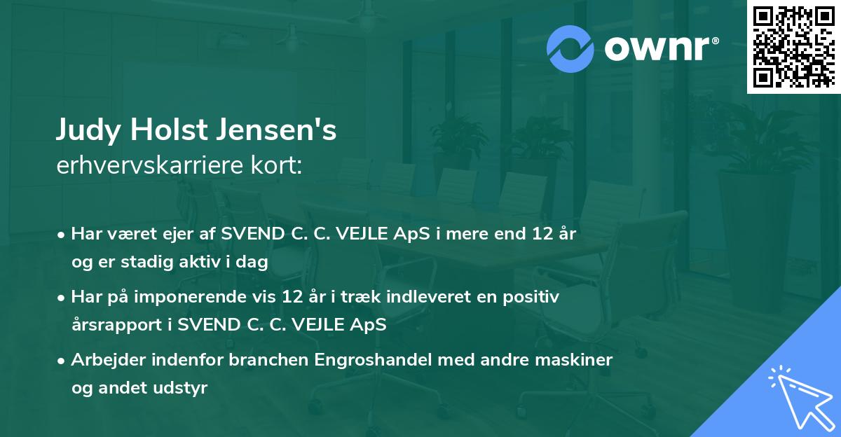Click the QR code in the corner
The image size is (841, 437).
pos(793,46)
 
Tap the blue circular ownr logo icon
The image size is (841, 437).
pos(570,48)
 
